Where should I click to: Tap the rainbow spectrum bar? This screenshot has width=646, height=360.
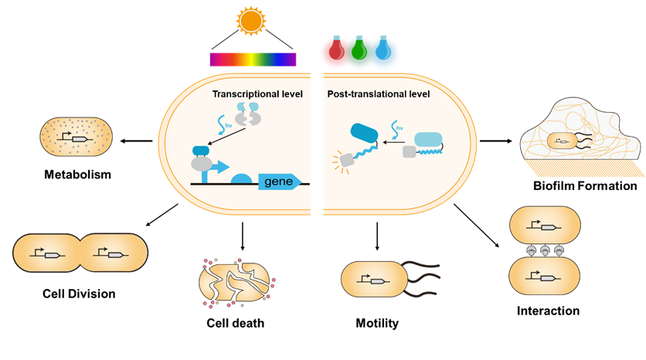253,59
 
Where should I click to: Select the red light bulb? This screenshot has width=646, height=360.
334,50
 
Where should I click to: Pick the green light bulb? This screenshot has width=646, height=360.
358,50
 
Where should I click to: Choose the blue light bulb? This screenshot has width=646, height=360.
382,50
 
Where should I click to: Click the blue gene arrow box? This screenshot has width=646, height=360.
280,182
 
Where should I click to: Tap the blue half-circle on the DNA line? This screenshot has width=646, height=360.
242,180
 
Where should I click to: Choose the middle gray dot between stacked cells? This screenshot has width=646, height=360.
546,250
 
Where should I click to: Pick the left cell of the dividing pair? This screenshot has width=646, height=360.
47,253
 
